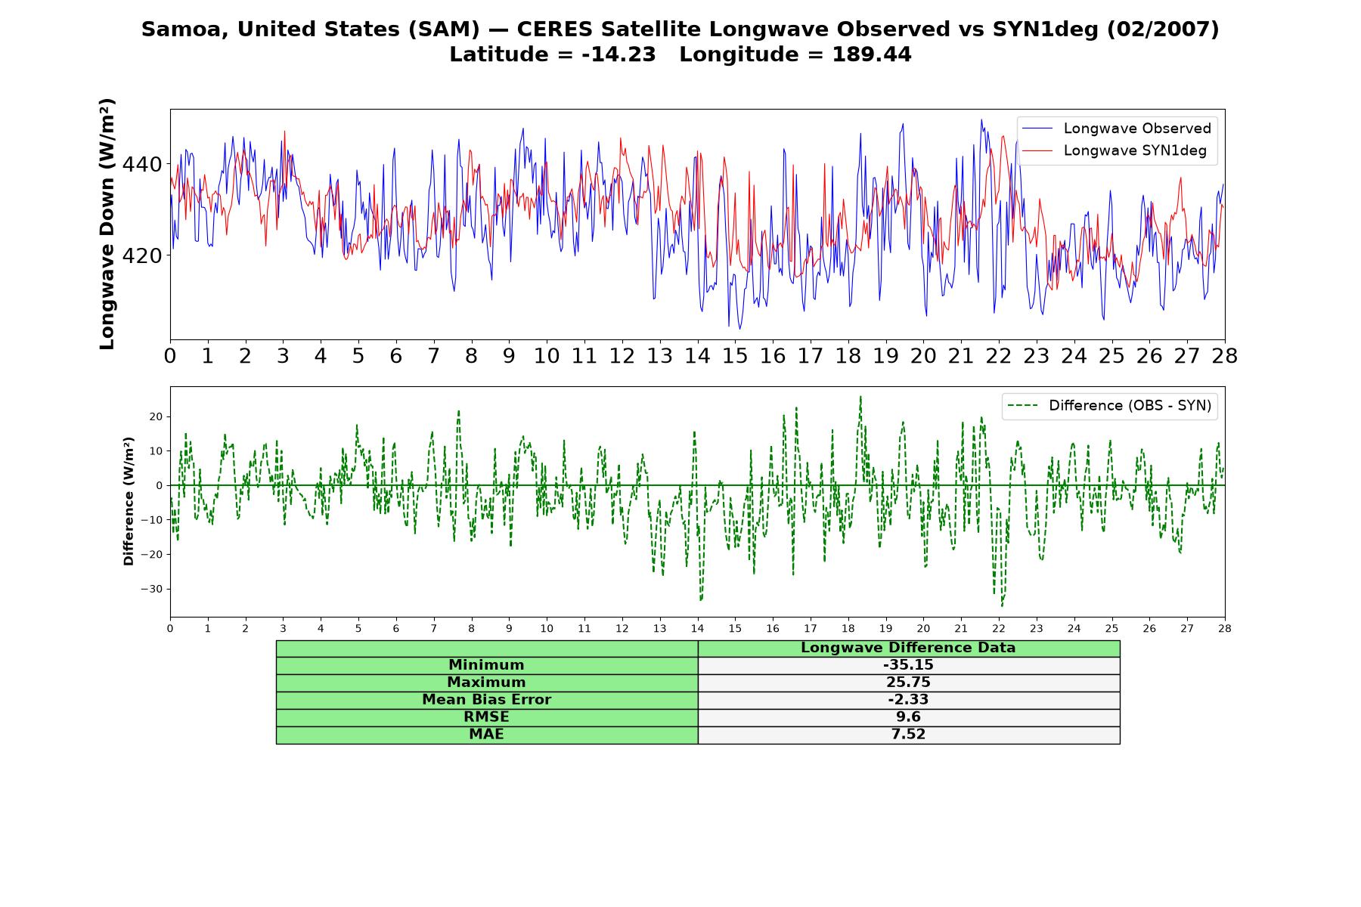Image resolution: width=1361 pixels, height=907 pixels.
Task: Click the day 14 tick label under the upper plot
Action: pos(697,356)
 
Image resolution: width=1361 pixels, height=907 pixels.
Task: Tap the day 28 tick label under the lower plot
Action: pos(1224,628)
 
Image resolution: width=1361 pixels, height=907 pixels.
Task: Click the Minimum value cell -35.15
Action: pos(908,665)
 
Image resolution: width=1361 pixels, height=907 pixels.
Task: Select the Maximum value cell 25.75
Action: pos(908,683)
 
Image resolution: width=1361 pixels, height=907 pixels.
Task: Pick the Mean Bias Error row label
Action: pos(486,700)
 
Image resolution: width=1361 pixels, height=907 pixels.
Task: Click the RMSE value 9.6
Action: pos(908,717)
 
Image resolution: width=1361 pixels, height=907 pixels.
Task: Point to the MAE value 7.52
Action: pos(908,735)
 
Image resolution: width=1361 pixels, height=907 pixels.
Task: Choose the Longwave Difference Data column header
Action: pos(908,648)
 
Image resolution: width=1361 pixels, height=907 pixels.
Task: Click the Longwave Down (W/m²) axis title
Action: pos(107,224)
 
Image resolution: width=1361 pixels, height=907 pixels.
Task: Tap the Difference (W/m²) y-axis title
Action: pos(129,501)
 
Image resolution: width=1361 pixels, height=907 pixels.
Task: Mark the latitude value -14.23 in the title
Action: pos(618,54)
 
